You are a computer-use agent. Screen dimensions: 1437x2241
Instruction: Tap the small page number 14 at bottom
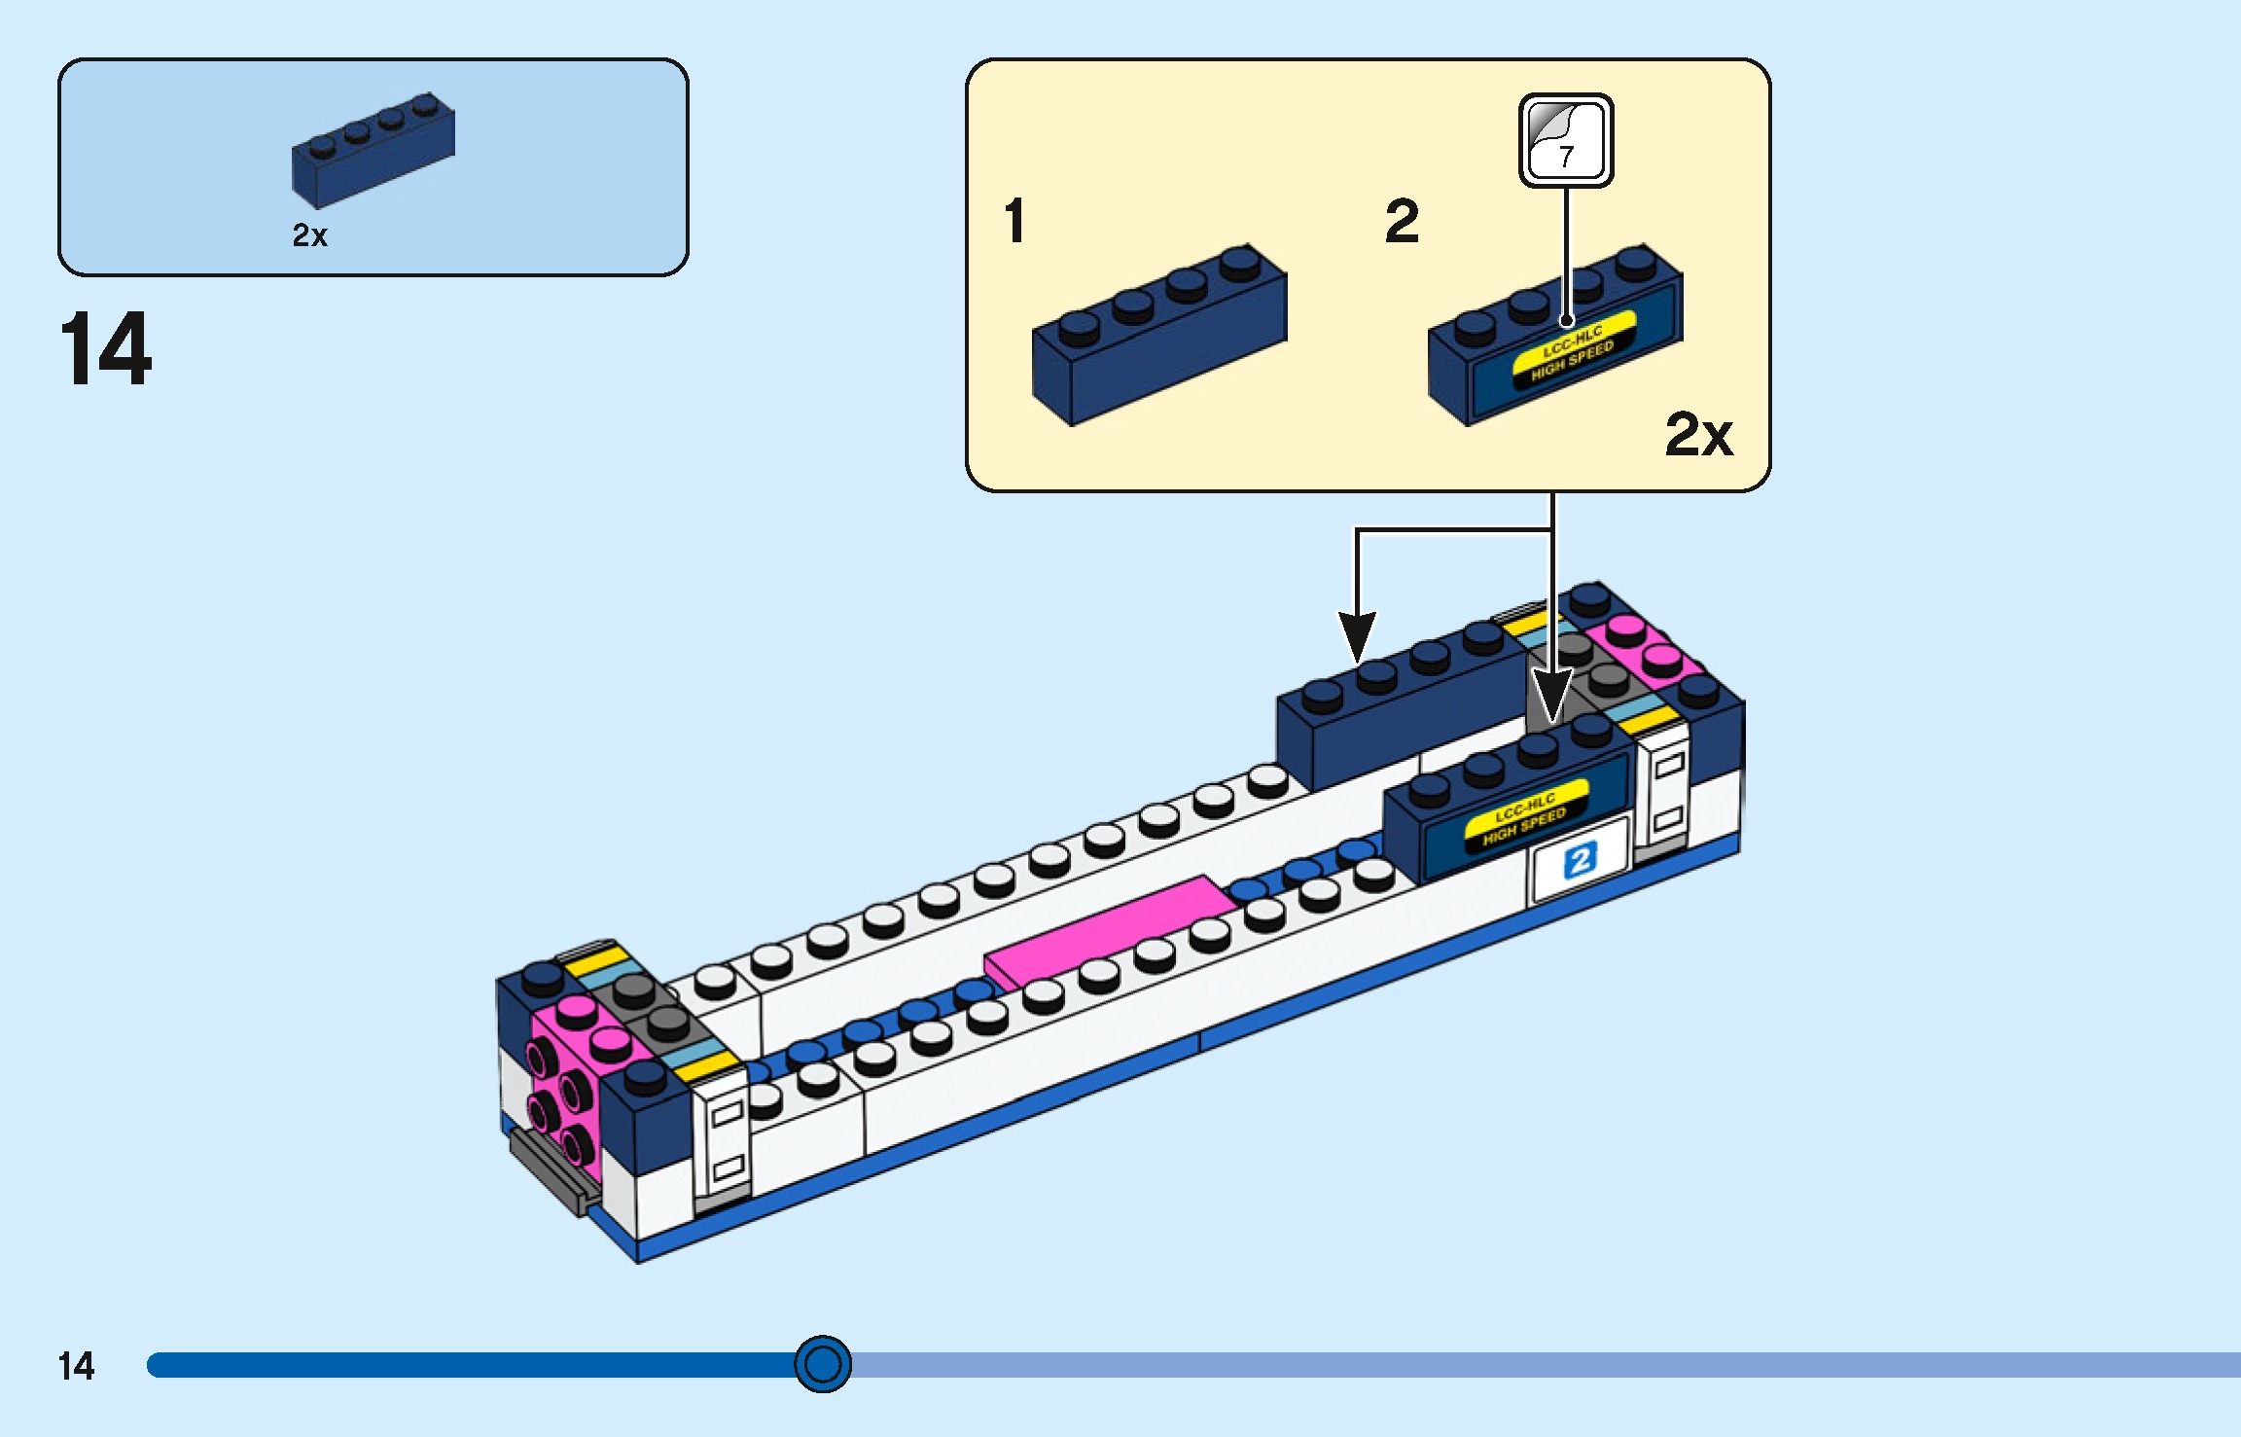coord(76,1366)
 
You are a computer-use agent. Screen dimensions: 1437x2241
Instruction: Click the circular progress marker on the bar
coord(823,1364)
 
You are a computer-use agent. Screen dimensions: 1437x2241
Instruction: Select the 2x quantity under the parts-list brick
coord(310,235)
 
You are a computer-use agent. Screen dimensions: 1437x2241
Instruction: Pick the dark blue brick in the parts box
coord(373,152)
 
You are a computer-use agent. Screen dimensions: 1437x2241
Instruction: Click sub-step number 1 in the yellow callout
coord(1014,221)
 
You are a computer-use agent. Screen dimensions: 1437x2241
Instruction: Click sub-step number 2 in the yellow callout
coord(1402,221)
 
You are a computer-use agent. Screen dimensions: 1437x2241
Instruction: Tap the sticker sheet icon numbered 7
coord(1566,140)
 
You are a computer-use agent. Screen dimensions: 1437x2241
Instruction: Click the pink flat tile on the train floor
coord(1109,930)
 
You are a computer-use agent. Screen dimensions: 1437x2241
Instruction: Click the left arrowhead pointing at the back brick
coord(1357,637)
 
